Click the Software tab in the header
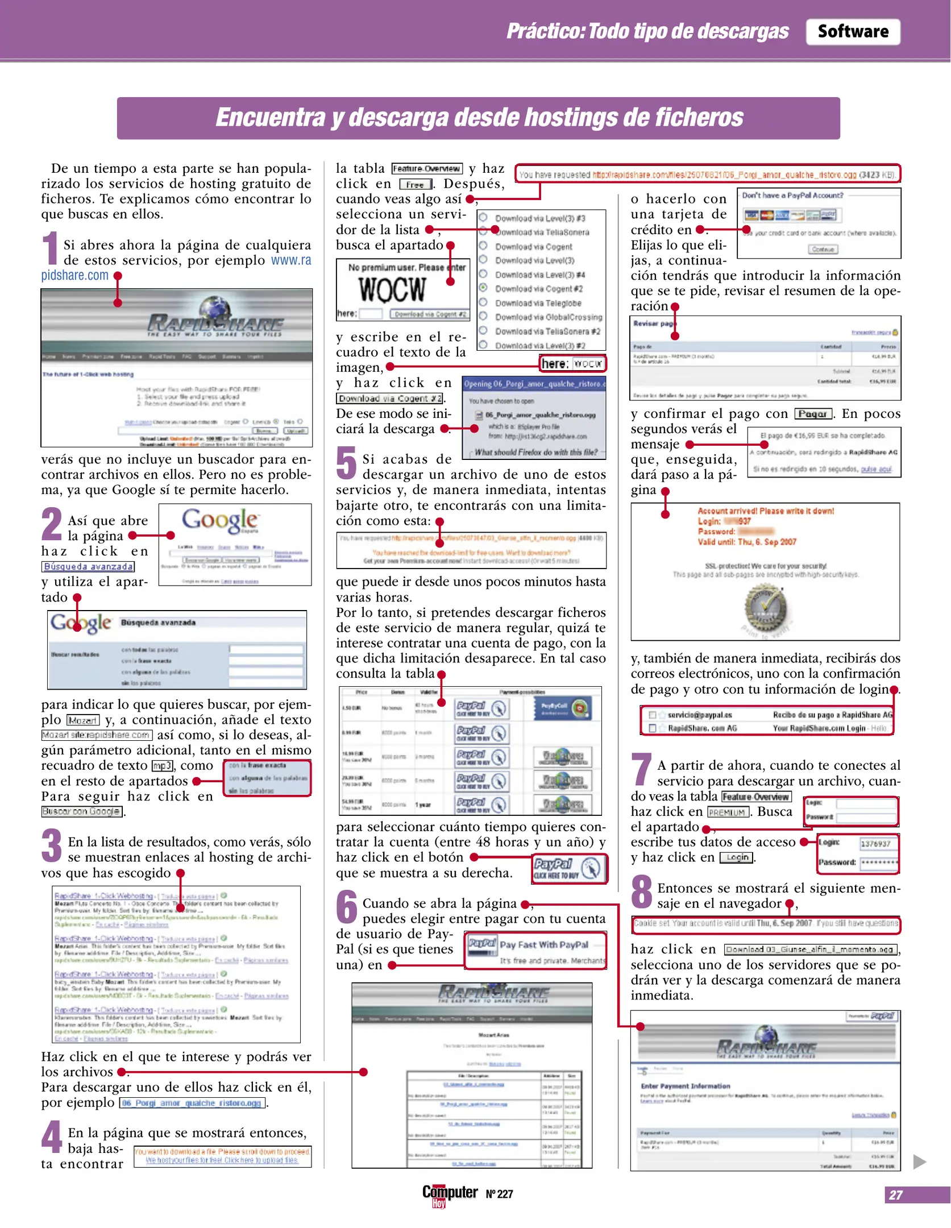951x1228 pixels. [852, 32]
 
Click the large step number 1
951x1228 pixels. [51, 248]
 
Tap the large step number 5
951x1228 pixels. [346, 462]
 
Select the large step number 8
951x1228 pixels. [641, 891]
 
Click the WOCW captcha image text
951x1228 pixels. [392, 289]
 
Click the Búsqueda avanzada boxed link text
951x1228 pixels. [88, 566]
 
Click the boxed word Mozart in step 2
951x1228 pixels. [83, 720]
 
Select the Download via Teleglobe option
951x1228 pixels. [537, 303]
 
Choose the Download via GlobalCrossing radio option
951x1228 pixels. [483, 316]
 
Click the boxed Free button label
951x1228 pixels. [416, 185]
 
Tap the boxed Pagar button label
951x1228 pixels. [812, 413]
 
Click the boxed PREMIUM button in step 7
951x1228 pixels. [728, 812]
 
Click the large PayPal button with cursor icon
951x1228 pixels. [569, 868]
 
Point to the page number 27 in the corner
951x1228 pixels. [896, 1194]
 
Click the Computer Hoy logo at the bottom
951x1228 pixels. [449, 1194]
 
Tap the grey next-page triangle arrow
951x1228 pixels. [919, 1161]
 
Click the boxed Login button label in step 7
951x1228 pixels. [737, 857]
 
